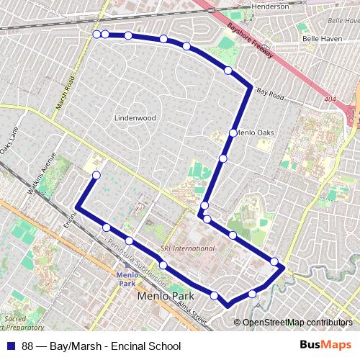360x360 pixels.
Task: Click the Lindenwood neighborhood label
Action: coord(135,117)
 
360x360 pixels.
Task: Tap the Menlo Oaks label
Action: coord(256,132)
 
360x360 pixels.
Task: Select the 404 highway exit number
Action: coord(330,99)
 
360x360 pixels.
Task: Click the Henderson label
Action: coord(270,6)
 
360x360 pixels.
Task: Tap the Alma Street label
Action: coord(192,312)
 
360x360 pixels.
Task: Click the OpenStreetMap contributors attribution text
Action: coord(297,323)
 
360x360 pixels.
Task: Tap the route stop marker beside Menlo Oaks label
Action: coord(233,132)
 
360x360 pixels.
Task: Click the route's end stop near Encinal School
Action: coord(96,175)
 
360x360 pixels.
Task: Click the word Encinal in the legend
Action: coord(127,346)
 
